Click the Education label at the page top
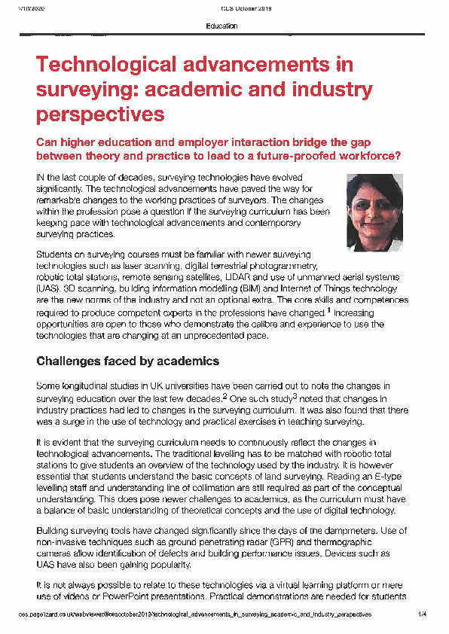(x=221, y=26)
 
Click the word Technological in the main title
(x=102, y=65)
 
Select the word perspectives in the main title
(x=100, y=114)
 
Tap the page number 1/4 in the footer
(x=423, y=614)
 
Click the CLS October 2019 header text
(x=246, y=8)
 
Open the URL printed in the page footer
(x=195, y=614)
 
